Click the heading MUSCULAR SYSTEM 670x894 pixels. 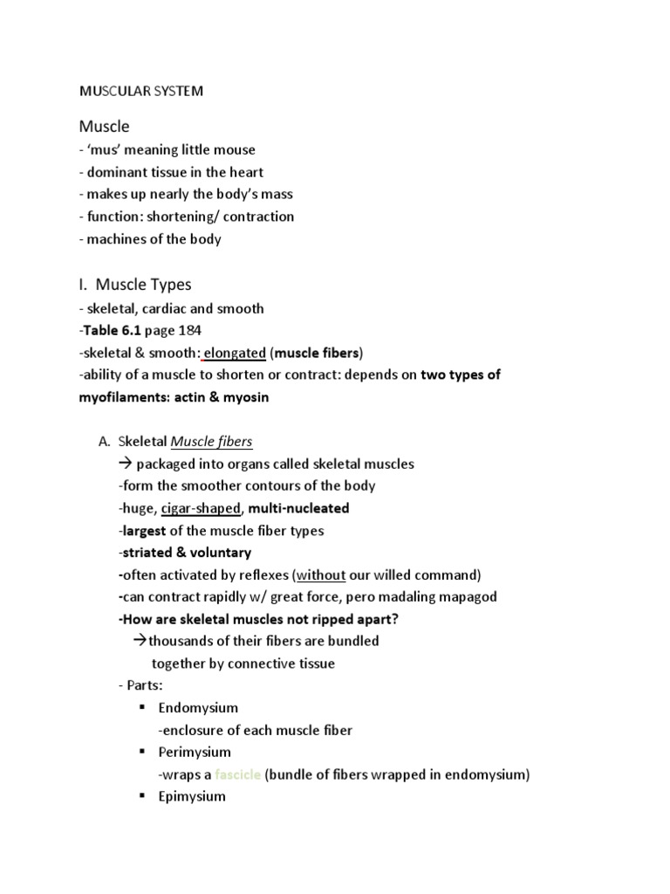tap(140, 91)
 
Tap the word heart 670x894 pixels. tap(245, 172)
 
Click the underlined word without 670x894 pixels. tap(321, 574)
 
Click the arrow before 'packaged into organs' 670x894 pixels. tap(125, 464)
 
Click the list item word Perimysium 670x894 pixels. tap(195, 752)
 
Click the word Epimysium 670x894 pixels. tap(192, 796)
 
